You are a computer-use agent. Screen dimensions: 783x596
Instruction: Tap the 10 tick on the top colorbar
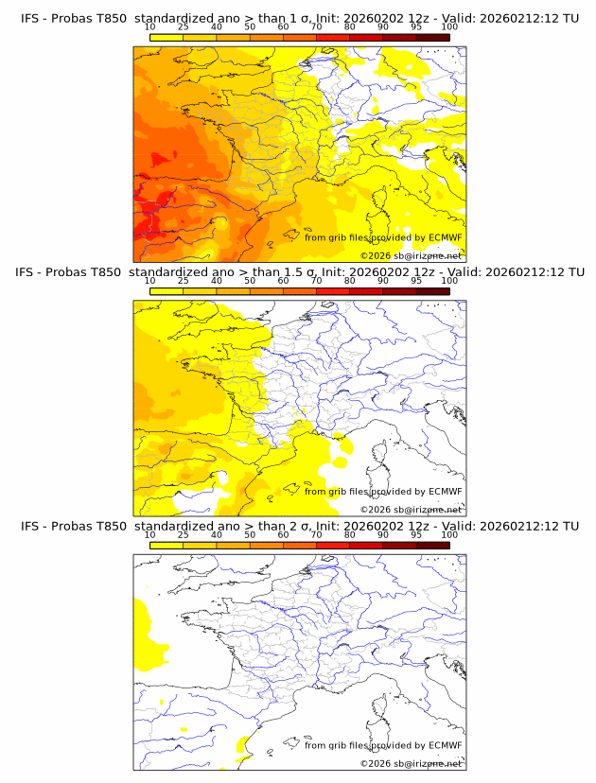(x=150, y=27)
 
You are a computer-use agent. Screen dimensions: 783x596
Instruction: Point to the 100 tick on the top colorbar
(x=449, y=27)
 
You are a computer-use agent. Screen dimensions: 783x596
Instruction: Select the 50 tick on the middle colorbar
(x=250, y=281)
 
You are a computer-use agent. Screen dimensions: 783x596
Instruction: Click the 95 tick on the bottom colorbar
(x=416, y=534)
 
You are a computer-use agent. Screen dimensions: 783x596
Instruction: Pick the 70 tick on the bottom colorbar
(x=316, y=534)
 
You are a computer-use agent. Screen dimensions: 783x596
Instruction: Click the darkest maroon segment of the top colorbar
(x=432, y=37)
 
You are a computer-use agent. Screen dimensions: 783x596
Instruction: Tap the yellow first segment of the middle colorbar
(x=167, y=290)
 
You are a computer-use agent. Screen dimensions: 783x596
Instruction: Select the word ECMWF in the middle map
(x=446, y=491)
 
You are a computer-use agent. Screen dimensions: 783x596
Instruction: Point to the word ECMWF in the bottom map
(x=446, y=744)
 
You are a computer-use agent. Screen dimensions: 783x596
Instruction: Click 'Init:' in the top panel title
(x=338, y=19)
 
